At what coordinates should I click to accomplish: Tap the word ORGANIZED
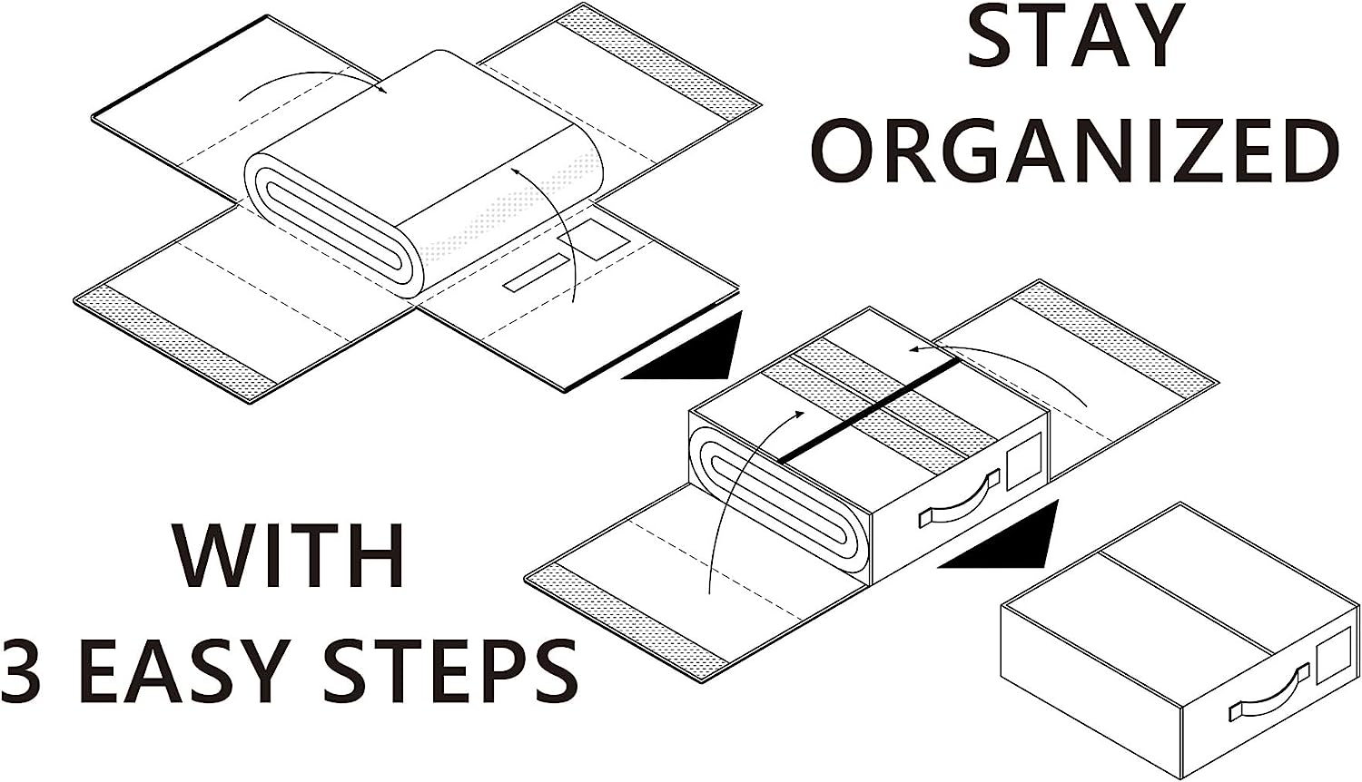click(x=1074, y=149)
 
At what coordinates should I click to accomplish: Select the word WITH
click(x=289, y=555)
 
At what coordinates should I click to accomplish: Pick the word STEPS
click(x=451, y=670)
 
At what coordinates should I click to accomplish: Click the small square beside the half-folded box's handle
click(x=1024, y=459)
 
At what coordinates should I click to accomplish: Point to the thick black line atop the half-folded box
click(x=870, y=410)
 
